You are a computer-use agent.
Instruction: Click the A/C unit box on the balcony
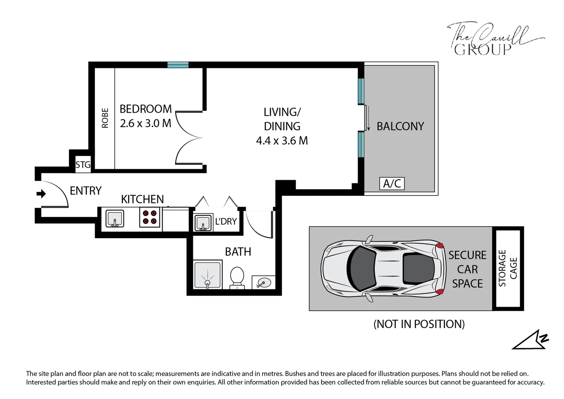pyautogui.click(x=392, y=183)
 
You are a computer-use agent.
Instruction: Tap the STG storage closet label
pyautogui.click(x=83, y=165)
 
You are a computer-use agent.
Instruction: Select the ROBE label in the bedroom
pyautogui.click(x=105, y=118)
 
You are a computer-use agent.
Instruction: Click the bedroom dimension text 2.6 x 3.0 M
pyautogui.click(x=146, y=123)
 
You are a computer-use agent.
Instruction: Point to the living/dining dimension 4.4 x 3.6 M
pyautogui.click(x=282, y=141)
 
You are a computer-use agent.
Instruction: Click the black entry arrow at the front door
pyautogui.click(x=41, y=194)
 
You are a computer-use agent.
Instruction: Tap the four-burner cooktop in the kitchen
pyautogui.click(x=149, y=217)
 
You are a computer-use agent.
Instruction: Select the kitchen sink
pyautogui.click(x=115, y=218)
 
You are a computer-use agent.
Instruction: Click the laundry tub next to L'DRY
pyautogui.click(x=203, y=222)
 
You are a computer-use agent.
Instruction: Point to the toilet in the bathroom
pyautogui.click(x=237, y=278)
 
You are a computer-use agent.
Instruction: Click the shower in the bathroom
pyautogui.click(x=207, y=274)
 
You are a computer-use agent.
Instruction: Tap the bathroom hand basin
pyautogui.click(x=263, y=282)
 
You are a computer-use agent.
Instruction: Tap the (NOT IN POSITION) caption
pyautogui.click(x=419, y=324)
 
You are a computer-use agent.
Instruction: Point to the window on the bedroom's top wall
pyautogui.click(x=178, y=65)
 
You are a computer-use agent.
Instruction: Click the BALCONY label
pyautogui.click(x=400, y=126)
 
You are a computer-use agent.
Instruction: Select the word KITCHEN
pyautogui.click(x=142, y=199)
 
